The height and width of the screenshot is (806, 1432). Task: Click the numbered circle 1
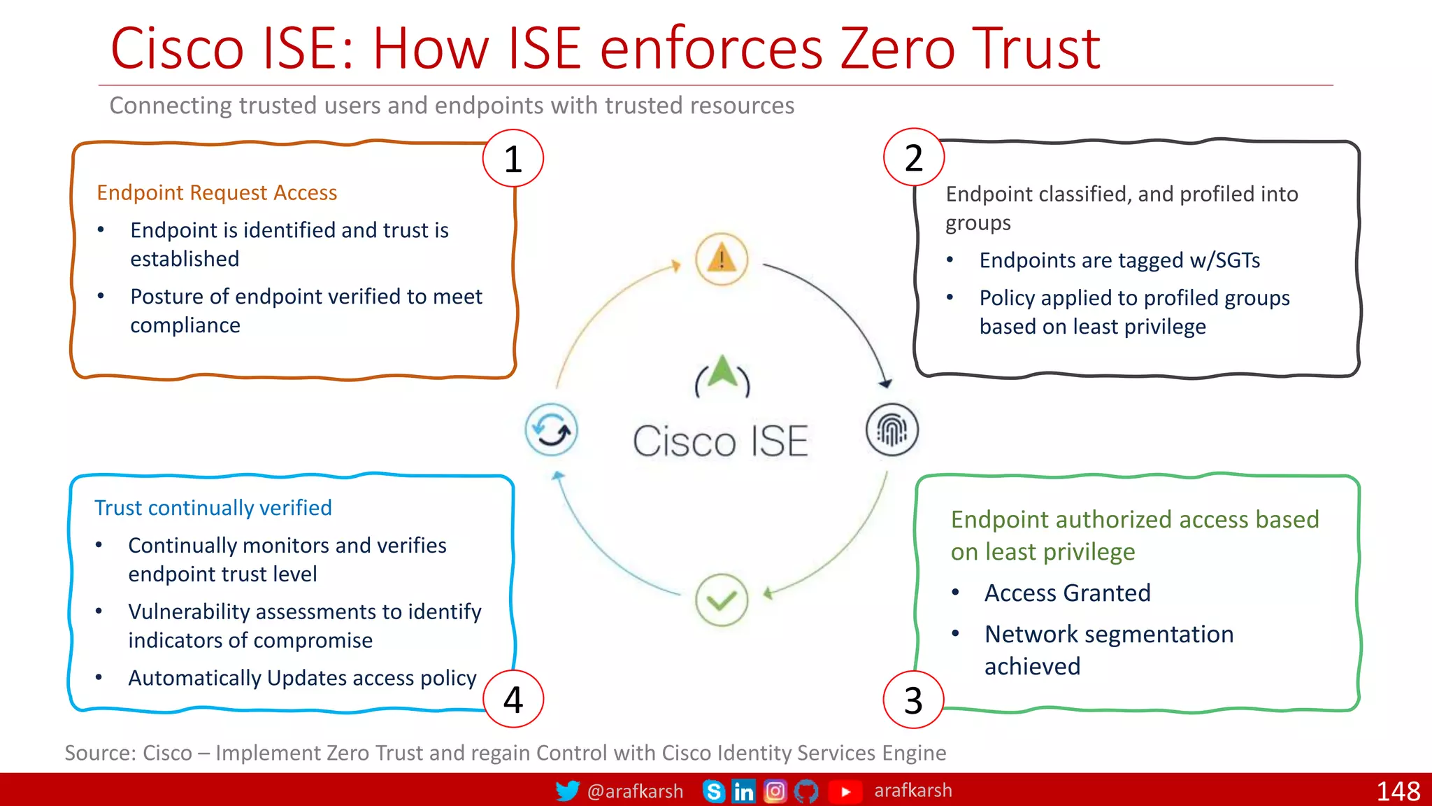click(x=513, y=159)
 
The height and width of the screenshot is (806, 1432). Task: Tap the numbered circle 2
click(x=913, y=157)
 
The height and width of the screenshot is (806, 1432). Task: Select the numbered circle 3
click(x=913, y=700)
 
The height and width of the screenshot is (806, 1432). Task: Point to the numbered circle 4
click(x=513, y=699)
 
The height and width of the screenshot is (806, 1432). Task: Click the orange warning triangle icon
click(x=722, y=259)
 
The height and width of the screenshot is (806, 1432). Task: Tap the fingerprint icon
click(x=892, y=430)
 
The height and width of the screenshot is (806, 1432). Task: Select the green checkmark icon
click(x=722, y=600)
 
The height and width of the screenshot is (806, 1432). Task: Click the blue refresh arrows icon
click(x=552, y=430)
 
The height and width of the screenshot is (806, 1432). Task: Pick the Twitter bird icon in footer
click(x=567, y=791)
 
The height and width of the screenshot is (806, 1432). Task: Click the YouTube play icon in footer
click(x=845, y=791)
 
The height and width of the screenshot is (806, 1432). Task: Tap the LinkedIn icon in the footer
click(x=743, y=791)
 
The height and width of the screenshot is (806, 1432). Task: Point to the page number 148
click(x=1398, y=791)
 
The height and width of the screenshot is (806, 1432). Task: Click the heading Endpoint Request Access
click(x=217, y=192)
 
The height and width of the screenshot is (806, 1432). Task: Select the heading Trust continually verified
click(x=213, y=507)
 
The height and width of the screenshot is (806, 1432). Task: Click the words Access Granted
click(x=1067, y=593)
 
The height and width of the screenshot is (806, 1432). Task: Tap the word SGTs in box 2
click(x=1238, y=260)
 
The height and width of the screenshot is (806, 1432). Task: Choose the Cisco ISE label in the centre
click(x=720, y=441)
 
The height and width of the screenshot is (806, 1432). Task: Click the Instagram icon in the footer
click(x=775, y=791)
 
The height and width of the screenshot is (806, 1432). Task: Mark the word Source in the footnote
click(x=98, y=753)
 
